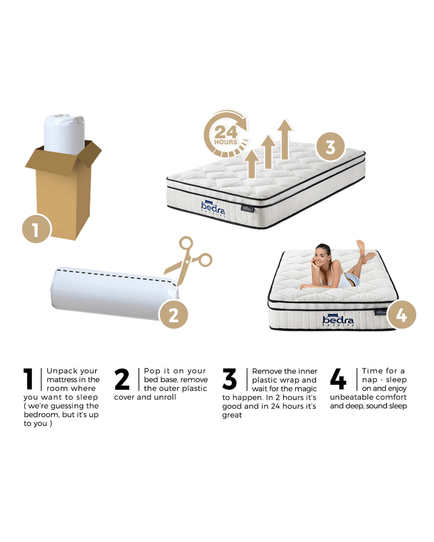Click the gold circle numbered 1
click(x=37, y=228)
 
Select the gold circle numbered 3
click(x=330, y=147)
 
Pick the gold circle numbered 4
click(x=402, y=315)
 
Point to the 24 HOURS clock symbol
click(x=226, y=134)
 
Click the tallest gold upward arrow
click(x=285, y=139)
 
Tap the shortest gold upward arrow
click(x=251, y=164)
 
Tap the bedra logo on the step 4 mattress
click(x=338, y=320)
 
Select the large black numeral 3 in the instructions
click(x=229, y=379)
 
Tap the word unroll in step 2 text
click(x=165, y=397)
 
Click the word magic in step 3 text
click(x=307, y=389)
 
